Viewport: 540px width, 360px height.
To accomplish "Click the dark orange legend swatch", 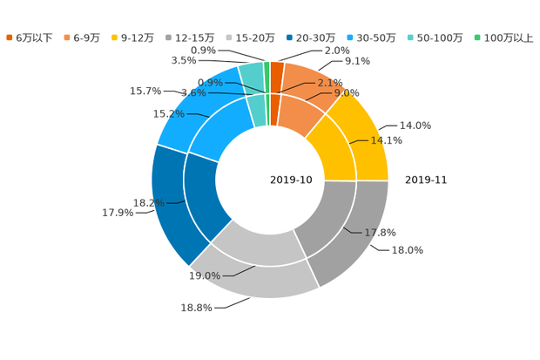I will pyautogui.click(x=10, y=37).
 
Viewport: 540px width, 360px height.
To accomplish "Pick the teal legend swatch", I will pyautogui.click(x=409, y=37).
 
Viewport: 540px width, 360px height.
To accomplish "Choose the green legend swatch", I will pyautogui.click(x=476, y=37).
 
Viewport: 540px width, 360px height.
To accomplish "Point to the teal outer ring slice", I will pyautogui.click(x=250, y=74).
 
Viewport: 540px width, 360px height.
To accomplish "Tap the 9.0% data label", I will pyautogui.click(x=347, y=92).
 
